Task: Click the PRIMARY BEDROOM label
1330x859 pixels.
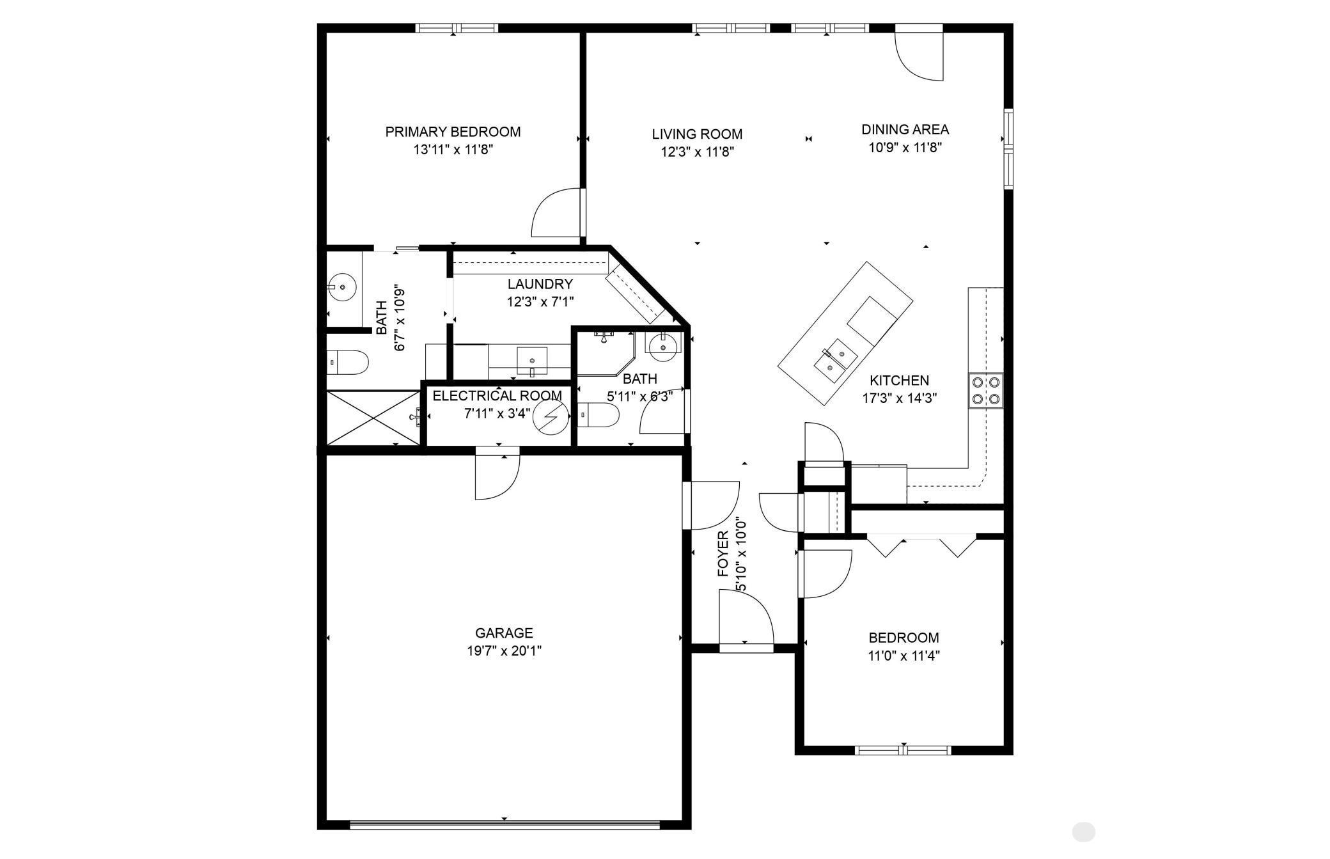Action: pyautogui.click(x=453, y=132)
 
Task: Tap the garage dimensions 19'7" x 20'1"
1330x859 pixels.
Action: pyautogui.click(x=504, y=651)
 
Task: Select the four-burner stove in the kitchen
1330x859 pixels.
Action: pyautogui.click(x=985, y=391)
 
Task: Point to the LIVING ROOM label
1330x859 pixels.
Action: pyautogui.click(x=697, y=134)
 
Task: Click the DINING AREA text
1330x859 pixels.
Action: pyautogui.click(x=905, y=129)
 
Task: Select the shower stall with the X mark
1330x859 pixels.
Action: pyautogui.click(x=372, y=418)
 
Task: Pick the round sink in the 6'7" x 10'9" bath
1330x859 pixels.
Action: pyautogui.click(x=341, y=287)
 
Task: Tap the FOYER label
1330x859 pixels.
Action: pyautogui.click(x=723, y=554)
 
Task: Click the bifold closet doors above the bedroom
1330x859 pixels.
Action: pyautogui.click(x=921, y=546)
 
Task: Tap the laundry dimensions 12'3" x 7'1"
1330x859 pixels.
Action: pyautogui.click(x=540, y=302)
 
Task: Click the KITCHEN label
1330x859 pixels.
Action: pyautogui.click(x=899, y=380)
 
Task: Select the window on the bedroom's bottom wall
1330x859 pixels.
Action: pyautogui.click(x=903, y=750)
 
